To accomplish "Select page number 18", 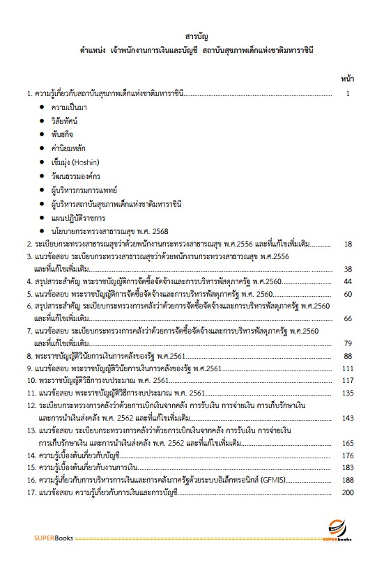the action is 349,244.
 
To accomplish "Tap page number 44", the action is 349,281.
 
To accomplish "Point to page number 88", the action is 349,356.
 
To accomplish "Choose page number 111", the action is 349,368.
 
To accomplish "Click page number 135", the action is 349,393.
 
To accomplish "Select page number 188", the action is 349,480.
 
